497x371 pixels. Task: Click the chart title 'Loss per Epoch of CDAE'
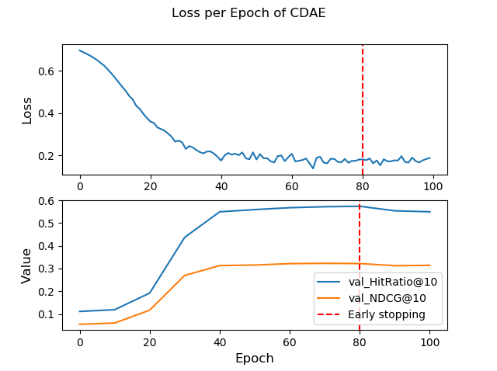click(x=248, y=13)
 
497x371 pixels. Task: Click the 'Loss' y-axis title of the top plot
click(x=27, y=110)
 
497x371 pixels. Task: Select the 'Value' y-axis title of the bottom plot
click(x=27, y=265)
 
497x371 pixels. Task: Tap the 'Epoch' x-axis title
click(x=255, y=359)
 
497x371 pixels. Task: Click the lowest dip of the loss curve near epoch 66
click(x=313, y=168)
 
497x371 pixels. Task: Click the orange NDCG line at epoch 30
click(x=185, y=276)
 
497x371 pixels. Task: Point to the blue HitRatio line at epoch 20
click(x=150, y=293)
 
